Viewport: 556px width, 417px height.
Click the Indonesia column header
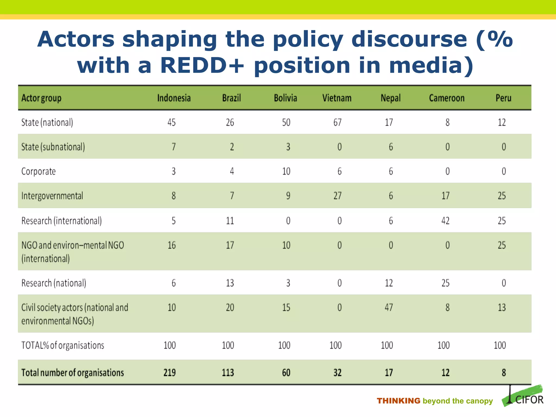point(174,98)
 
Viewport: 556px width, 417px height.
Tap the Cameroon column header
point(447,98)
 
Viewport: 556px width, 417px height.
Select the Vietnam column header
point(337,98)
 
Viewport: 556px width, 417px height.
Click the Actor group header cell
point(41,98)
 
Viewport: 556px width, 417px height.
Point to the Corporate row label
point(39,171)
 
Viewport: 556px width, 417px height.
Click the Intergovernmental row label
point(52,196)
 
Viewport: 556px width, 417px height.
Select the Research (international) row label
point(62,221)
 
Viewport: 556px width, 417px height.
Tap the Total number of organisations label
point(72,373)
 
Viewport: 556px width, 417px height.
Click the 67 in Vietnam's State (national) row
point(337,122)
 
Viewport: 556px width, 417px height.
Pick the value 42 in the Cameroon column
point(445,221)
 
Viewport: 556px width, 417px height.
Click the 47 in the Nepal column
point(389,307)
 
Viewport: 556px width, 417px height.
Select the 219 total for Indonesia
point(169,373)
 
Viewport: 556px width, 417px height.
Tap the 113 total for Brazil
point(228,373)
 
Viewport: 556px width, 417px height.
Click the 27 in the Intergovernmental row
point(337,196)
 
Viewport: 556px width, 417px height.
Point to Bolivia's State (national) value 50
point(286,122)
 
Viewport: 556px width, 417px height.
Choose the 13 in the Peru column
point(501,307)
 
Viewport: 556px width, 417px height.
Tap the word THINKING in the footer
point(398,401)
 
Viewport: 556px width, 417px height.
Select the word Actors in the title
point(76,39)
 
